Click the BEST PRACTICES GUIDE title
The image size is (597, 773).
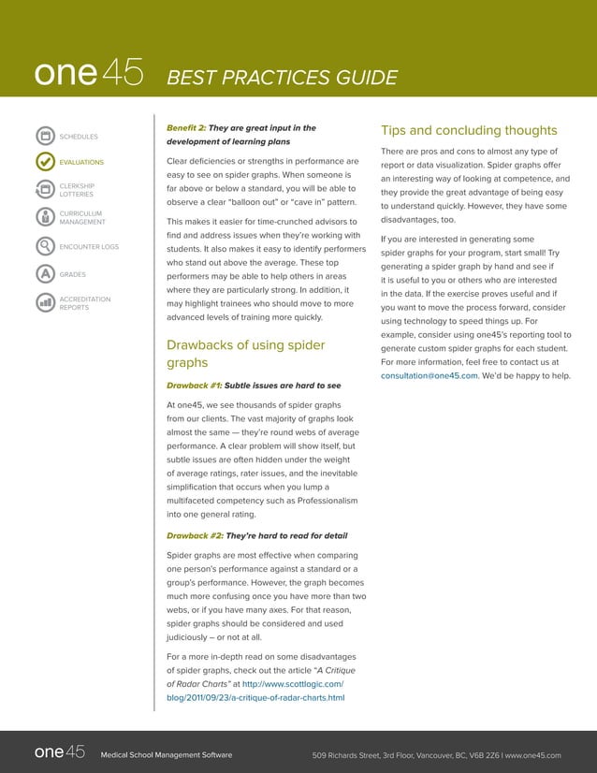[281, 78]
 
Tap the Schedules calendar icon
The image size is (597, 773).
[41, 137]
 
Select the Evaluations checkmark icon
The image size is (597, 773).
[41, 162]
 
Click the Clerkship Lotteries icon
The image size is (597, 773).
[41, 190]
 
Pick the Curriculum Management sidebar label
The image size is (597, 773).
[82, 218]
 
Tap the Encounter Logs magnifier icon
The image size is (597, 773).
[41, 247]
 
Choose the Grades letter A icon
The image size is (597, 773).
[41, 274]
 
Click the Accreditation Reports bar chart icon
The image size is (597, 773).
[41, 302]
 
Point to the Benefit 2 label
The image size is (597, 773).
[184, 127]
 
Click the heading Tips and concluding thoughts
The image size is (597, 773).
[469, 130]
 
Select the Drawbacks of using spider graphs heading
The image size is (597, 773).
[244, 355]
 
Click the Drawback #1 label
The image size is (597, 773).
[193, 385]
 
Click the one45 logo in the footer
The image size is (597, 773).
[60, 752]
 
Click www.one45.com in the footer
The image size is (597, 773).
[532, 754]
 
